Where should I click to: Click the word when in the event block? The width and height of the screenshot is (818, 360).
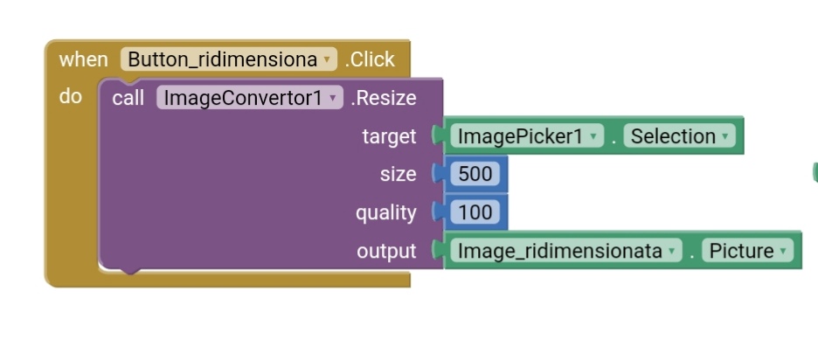point(83,59)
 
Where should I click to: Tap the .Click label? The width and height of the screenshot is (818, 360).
point(370,59)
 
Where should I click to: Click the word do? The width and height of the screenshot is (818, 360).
point(71,96)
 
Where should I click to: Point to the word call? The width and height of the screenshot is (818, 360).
point(128,98)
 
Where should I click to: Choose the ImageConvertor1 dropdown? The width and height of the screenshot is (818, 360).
point(249,98)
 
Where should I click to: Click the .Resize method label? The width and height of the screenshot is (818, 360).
point(384,98)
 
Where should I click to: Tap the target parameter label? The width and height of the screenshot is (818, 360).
point(389,136)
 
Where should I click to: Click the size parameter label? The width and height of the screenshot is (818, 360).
point(398,174)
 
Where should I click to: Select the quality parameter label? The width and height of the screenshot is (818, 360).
point(385,212)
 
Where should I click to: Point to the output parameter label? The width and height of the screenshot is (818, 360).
point(386,251)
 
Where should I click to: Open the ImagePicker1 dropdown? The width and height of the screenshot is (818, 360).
point(527,136)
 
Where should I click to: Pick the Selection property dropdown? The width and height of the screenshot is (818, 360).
point(679,136)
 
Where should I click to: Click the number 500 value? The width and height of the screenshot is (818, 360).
point(475,174)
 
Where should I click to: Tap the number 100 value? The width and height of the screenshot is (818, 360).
point(475,212)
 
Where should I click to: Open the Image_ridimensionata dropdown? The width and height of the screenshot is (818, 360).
point(565,251)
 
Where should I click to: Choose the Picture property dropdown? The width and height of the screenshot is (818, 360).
point(747,251)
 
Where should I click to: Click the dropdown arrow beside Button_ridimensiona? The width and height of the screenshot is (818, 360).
point(327,60)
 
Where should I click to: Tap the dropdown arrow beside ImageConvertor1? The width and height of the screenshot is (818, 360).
point(333,99)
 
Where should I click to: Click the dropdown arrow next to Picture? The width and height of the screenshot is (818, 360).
point(783,252)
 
